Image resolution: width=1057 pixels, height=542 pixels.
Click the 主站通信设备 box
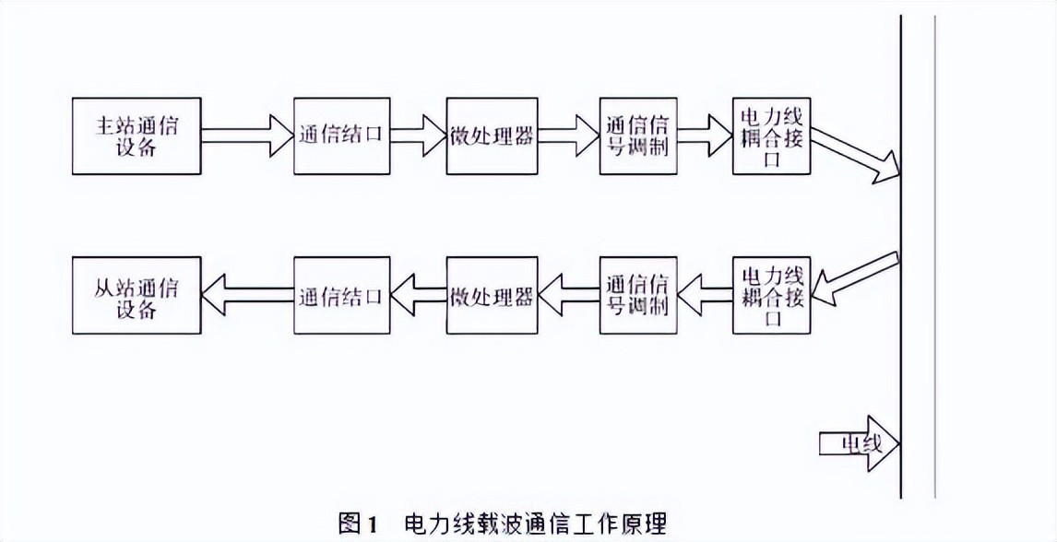[137, 135]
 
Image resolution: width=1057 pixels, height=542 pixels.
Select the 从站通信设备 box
[137, 295]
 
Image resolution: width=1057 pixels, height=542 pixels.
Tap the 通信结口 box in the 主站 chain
[339, 135]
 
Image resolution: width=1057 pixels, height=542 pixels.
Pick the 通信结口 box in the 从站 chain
[339, 295]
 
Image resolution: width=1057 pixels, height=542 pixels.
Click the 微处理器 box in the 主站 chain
[492, 135]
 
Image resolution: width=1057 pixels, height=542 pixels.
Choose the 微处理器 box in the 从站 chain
[492, 295]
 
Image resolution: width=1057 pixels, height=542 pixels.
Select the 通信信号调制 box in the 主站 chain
[637, 135]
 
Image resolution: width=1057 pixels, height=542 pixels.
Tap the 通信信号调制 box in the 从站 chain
[637, 295]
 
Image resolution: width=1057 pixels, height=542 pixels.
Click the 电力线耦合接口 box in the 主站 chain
[772, 135]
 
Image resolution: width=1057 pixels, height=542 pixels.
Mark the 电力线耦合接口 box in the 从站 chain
[772, 295]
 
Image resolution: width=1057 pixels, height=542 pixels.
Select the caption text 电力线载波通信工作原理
[535, 524]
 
